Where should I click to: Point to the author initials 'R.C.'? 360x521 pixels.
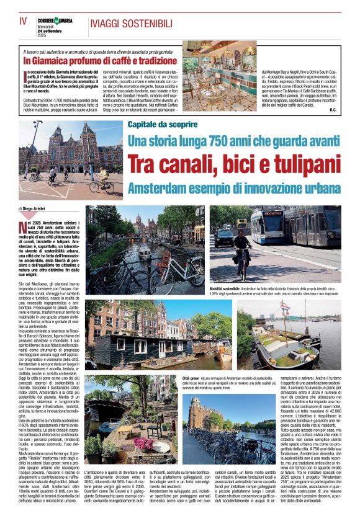pos(333,110)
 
